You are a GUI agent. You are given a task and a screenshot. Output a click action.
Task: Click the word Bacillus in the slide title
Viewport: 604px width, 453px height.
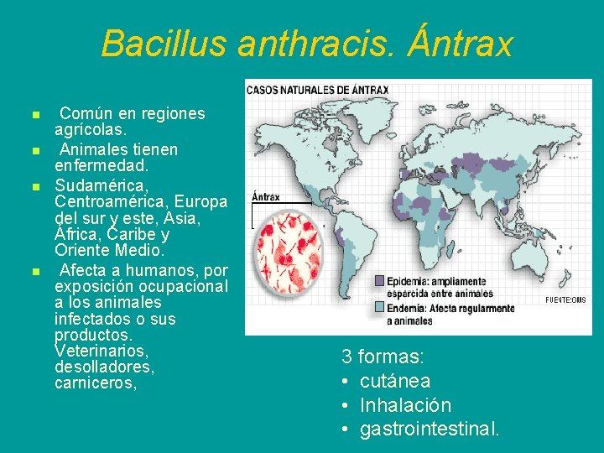(164, 44)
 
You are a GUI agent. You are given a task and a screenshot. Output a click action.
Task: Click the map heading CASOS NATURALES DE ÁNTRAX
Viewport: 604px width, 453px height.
(316, 90)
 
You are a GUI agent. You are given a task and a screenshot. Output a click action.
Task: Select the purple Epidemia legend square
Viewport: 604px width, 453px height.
(379, 280)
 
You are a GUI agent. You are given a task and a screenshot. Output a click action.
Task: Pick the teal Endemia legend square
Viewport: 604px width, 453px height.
(379, 307)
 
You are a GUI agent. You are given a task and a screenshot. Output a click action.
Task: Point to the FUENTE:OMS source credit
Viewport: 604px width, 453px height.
(565, 300)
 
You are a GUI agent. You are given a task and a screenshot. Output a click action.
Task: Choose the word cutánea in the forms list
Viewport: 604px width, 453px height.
(394, 381)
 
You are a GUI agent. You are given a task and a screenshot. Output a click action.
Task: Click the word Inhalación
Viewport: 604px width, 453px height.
(405, 405)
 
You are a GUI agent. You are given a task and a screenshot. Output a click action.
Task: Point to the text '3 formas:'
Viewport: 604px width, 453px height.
(382, 357)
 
